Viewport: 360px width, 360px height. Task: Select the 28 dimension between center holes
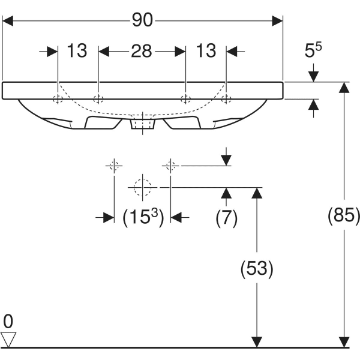(x=142, y=52)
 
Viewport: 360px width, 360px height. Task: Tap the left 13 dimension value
(x=77, y=52)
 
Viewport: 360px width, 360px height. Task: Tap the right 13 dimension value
(x=206, y=52)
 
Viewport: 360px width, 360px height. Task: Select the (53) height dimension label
(x=256, y=269)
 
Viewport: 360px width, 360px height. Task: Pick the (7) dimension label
(x=226, y=218)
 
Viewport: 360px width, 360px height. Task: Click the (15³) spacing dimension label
(x=143, y=218)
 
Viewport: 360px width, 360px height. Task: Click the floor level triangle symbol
(x=8, y=340)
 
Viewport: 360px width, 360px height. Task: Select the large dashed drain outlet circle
(x=142, y=187)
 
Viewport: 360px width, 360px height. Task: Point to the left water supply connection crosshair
(x=113, y=165)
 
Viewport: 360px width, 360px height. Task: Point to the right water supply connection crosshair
(x=171, y=165)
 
